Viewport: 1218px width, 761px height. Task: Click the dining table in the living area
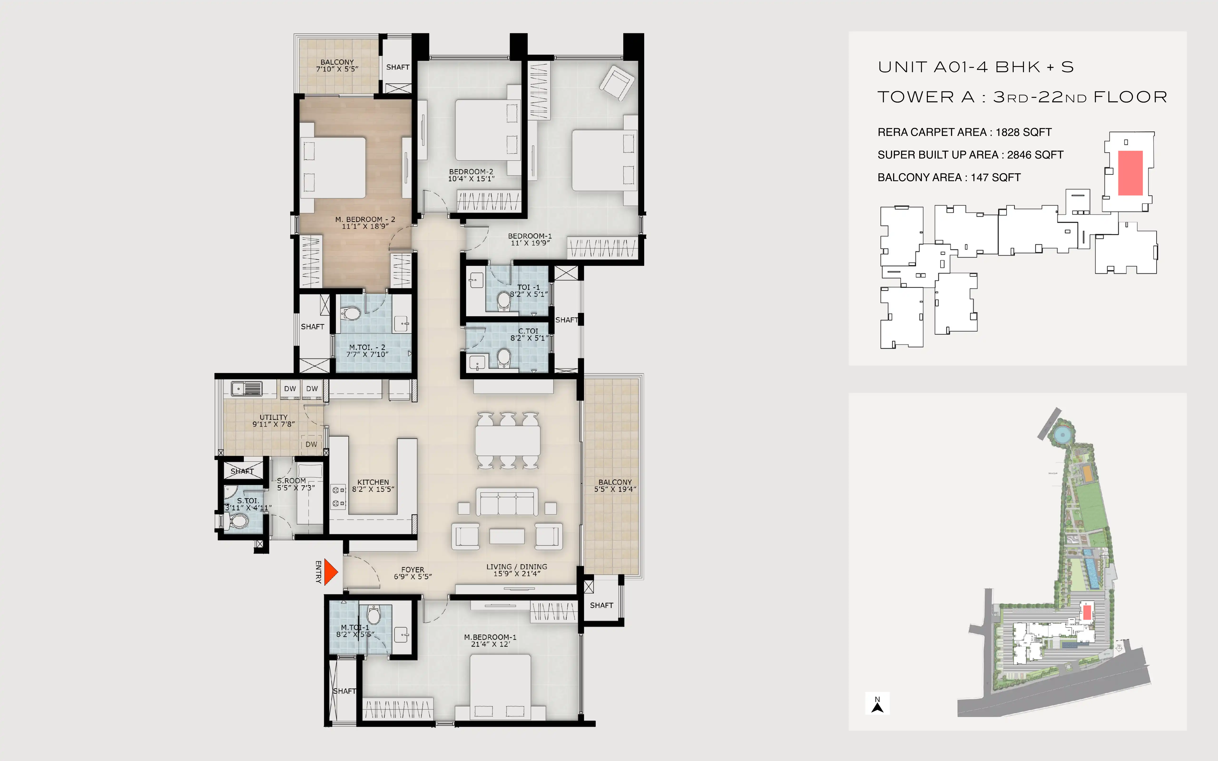coord(508,441)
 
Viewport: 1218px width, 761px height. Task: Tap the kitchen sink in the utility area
coord(247,389)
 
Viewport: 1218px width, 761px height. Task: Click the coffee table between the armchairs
coord(507,536)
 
